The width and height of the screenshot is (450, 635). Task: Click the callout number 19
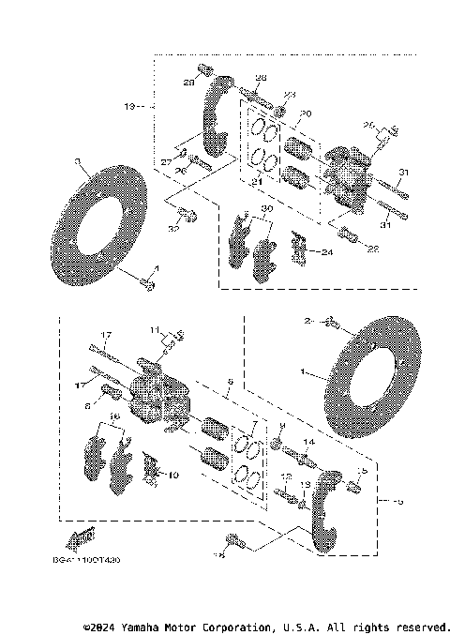tap(130, 107)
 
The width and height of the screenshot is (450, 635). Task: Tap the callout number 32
tap(174, 228)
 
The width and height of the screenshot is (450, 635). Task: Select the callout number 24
tap(325, 251)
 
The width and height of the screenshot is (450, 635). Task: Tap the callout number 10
tap(172, 476)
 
